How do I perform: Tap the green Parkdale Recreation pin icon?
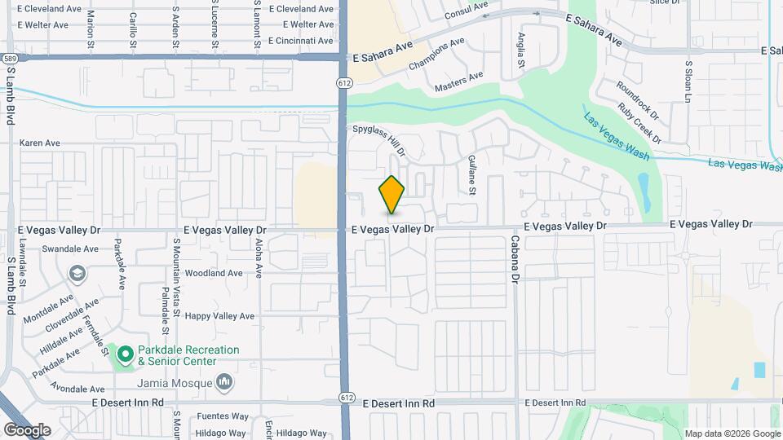125,354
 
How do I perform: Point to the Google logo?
27,430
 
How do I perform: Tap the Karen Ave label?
40,143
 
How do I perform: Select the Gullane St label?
471,176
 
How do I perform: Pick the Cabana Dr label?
515,259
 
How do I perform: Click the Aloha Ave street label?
259,260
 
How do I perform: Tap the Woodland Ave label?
214,273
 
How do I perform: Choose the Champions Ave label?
437,53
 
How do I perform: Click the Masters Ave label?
458,80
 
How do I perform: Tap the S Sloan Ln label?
688,81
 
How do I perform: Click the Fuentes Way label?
222,416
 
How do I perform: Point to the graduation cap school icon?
77,272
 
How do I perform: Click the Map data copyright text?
732,433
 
